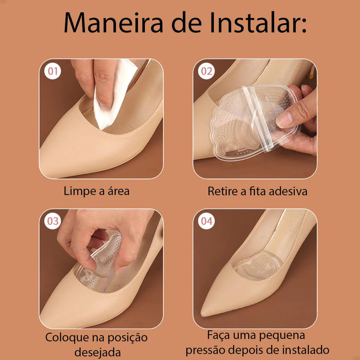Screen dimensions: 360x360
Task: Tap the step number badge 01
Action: (53, 71)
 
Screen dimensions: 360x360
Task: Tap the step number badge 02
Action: (206, 71)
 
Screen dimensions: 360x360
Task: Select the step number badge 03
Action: (53, 221)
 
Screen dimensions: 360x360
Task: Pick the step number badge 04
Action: (206, 221)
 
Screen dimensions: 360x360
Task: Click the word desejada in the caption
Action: (98, 352)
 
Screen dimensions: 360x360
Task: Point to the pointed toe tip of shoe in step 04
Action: (202, 314)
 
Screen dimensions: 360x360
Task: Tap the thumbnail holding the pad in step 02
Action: (284, 120)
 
